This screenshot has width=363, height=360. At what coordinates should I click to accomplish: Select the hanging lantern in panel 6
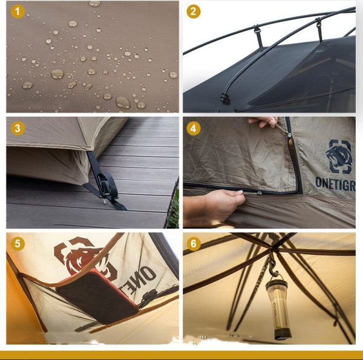pos(281,309)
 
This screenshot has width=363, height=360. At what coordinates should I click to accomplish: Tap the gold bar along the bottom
pos(181,355)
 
